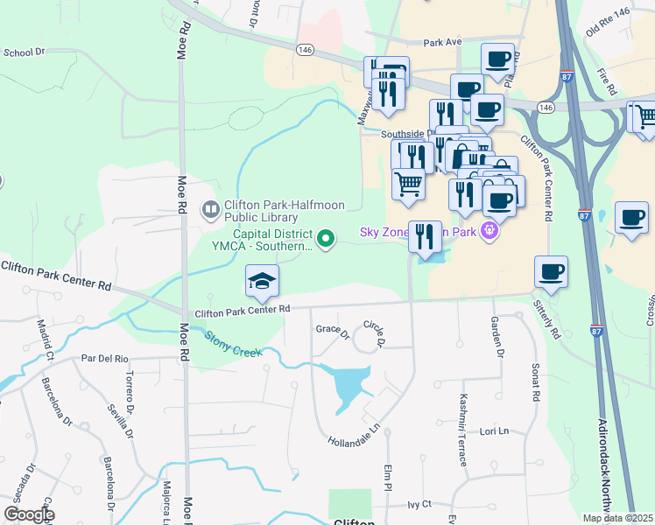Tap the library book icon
point(211,208)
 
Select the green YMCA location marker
point(327,237)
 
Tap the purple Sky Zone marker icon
point(489,232)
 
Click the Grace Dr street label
point(332,332)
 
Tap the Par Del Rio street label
point(104,359)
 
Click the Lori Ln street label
point(495,432)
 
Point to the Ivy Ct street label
point(420,504)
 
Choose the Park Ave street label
point(441,42)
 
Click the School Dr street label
point(24,52)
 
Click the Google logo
point(29,514)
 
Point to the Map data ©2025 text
point(617,518)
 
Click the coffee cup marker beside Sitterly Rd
point(551,272)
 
